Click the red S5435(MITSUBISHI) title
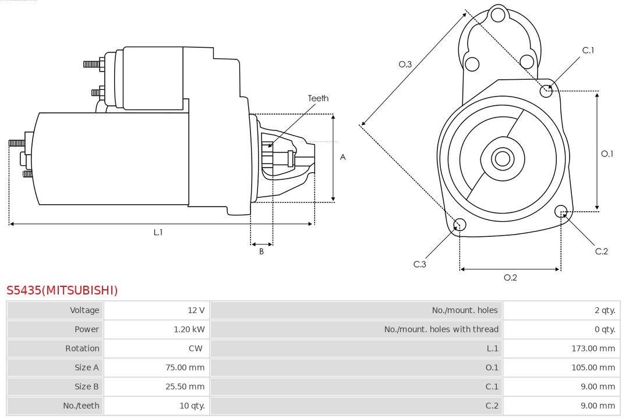coord(62,290)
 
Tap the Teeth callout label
coord(318,98)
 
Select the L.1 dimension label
coord(158,232)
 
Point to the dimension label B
coord(262,251)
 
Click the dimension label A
coord(342,157)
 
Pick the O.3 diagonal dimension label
coord(405,64)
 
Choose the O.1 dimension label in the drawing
coord(607,154)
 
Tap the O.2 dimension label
coord(510,278)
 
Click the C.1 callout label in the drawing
coord(588,50)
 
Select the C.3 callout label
coord(420,264)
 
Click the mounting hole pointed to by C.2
coord(561,211)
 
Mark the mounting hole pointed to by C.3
coord(460,225)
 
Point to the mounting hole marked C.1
coord(546,90)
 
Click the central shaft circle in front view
coord(501,158)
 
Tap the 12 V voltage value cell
coord(196,310)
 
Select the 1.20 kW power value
coord(189,329)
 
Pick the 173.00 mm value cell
coord(593,349)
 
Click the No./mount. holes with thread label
coord(441,329)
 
